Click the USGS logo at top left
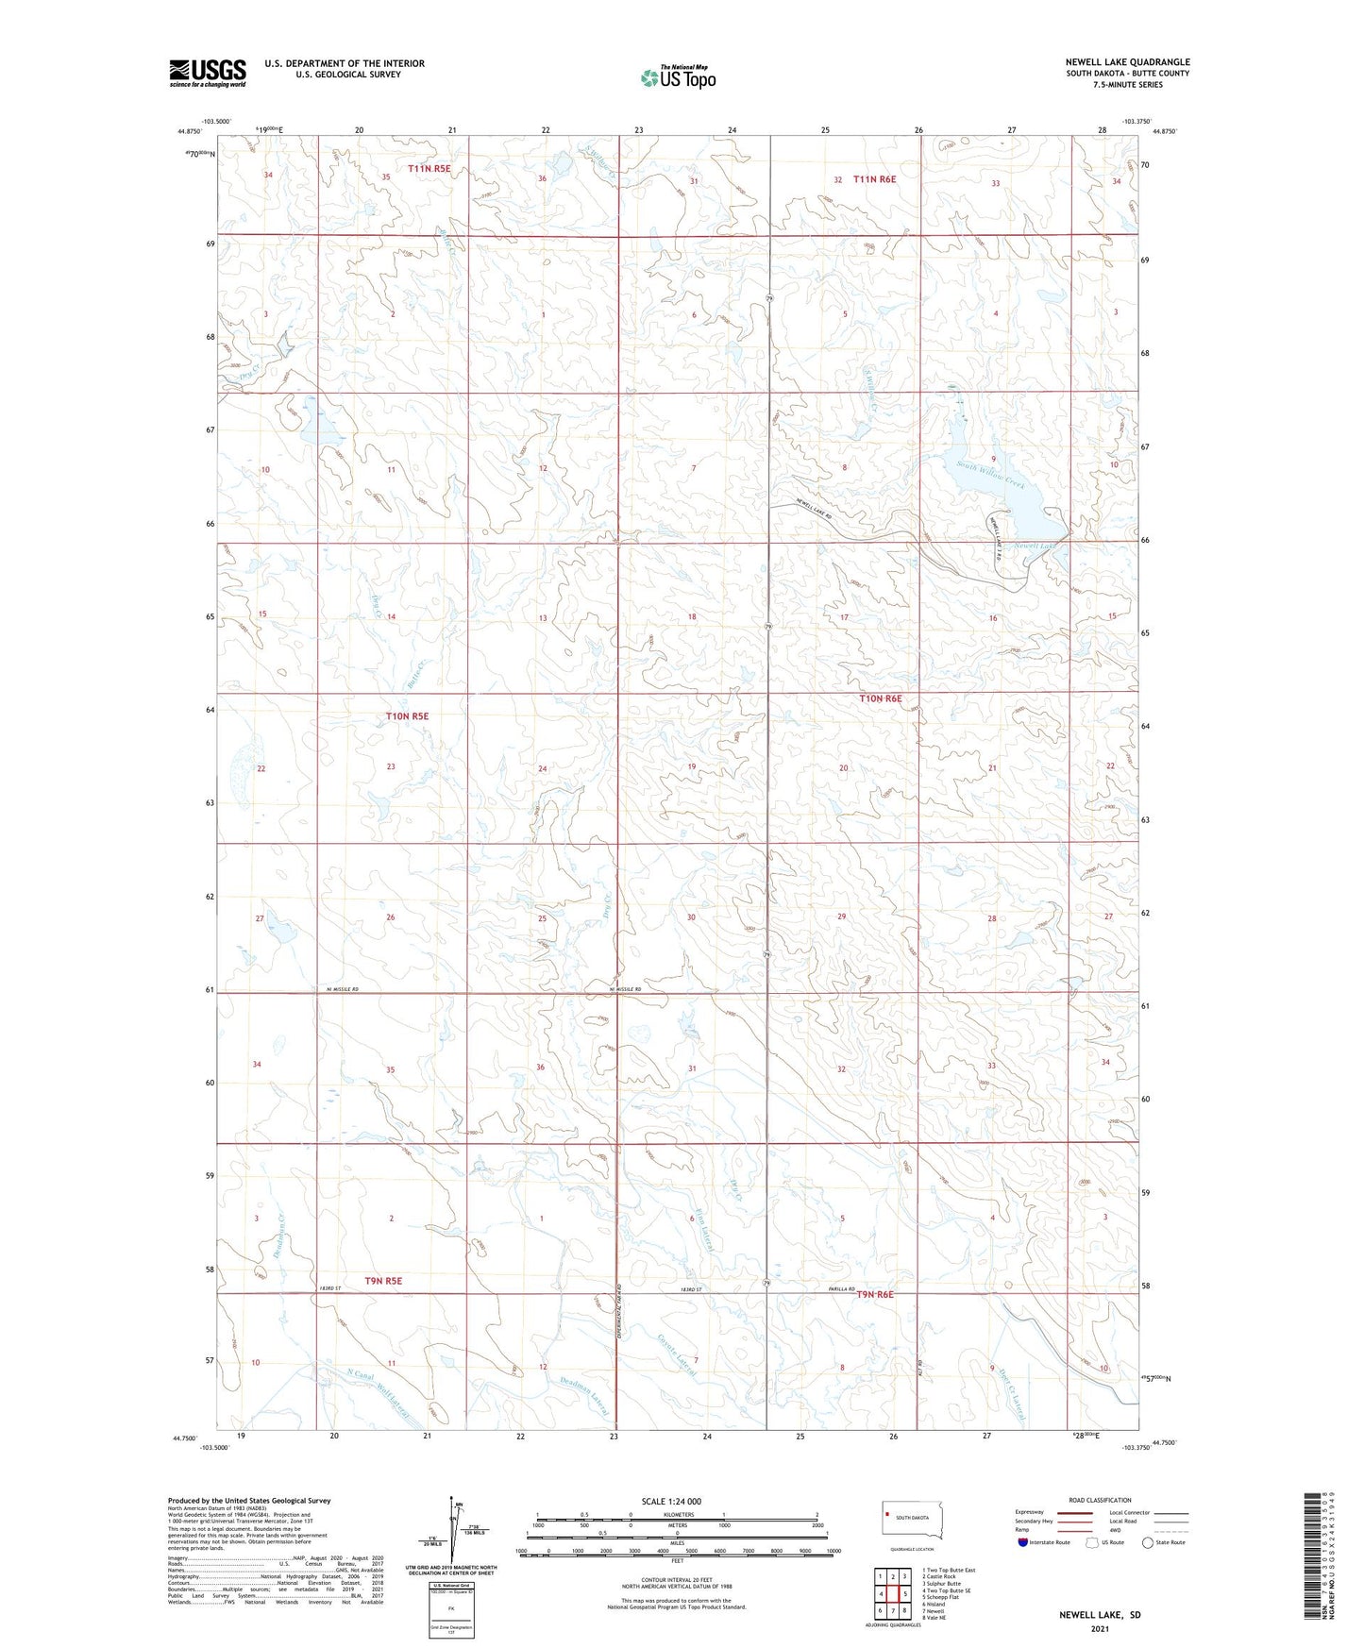pyautogui.click(x=208, y=73)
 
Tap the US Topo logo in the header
pyautogui.click(x=678, y=77)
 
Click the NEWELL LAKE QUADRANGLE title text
pyautogui.click(x=1127, y=62)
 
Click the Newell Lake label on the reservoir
pyautogui.click(x=1035, y=547)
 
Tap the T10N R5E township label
pyautogui.click(x=407, y=716)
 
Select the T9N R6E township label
pyautogui.click(x=874, y=1294)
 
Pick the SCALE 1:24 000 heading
pyautogui.click(x=671, y=1501)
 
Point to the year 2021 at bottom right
pyautogui.click(x=1100, y=1629)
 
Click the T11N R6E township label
pyautogui.click(x=874, y=178)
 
